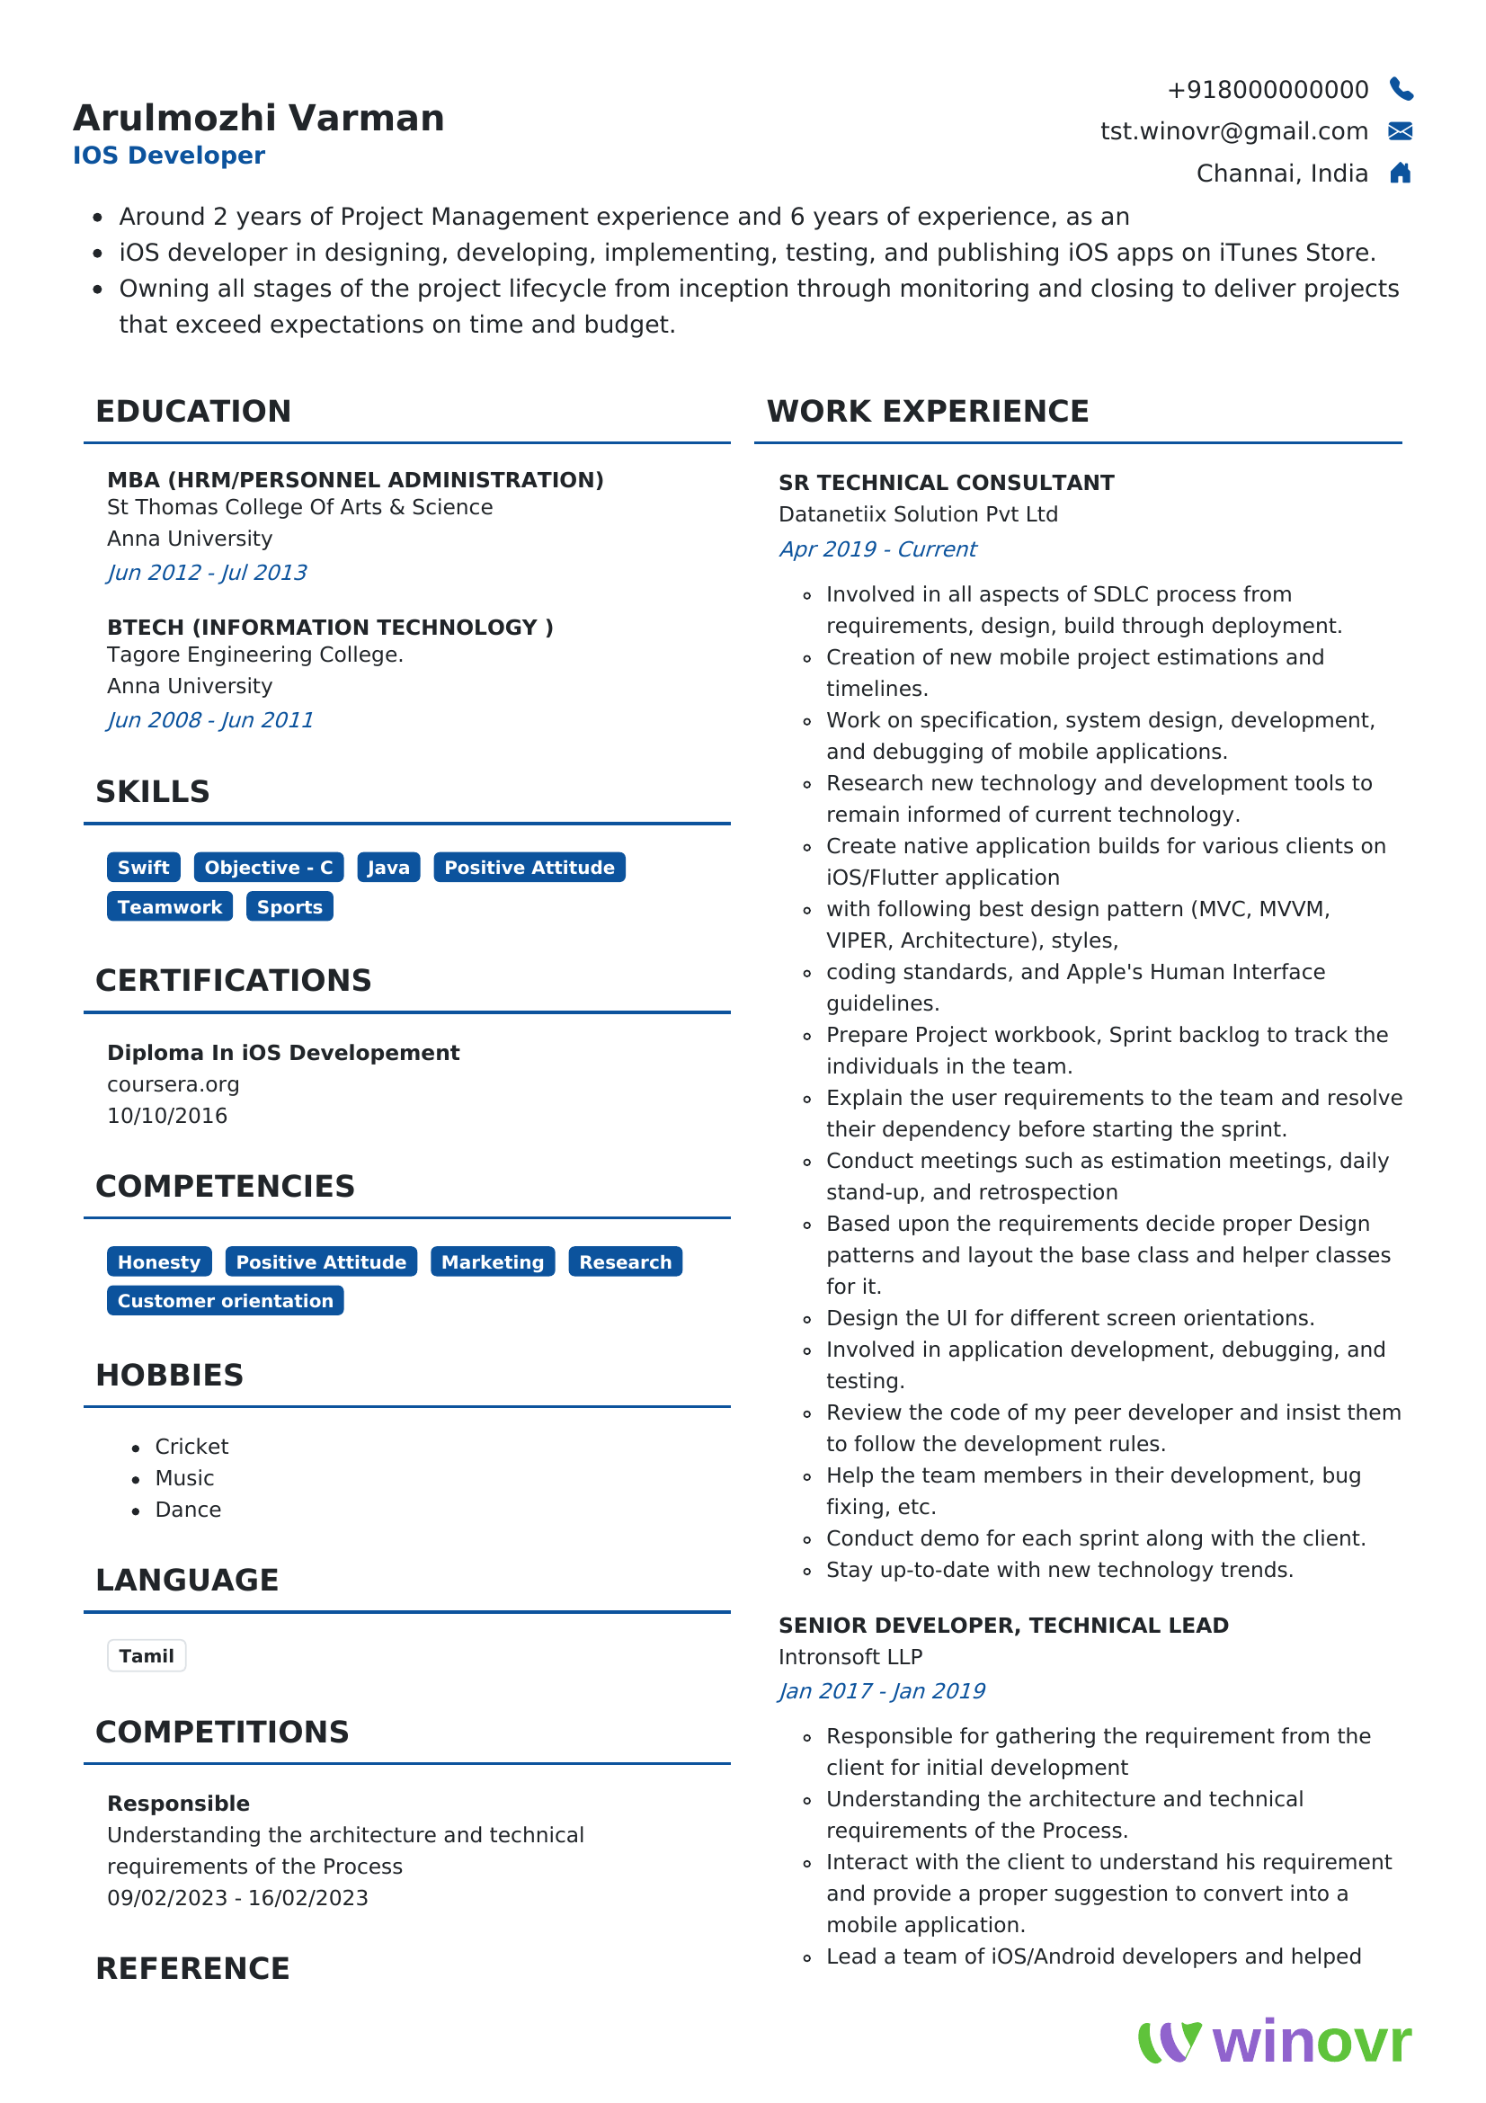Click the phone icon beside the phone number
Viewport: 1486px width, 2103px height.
pos(1401,89)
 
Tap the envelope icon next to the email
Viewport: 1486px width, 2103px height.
pos(1400,131)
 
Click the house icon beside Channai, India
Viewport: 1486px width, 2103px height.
pos(1400,174)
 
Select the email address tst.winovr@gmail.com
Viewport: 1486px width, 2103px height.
pos(1233,131)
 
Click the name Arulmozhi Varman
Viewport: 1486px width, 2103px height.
pos(258,118)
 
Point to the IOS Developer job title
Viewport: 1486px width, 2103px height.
pos(168,156)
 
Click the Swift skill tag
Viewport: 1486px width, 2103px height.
pos(143,868)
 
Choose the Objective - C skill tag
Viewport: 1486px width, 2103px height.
pos(268,868)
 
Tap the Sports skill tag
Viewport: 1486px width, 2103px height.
pos(289,907)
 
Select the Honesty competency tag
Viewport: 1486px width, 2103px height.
pos(158,1262)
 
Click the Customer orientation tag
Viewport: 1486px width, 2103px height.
pos(226,1301)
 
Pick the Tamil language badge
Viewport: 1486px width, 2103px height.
pos(147,1656)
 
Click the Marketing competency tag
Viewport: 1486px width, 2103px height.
pos(493,1262)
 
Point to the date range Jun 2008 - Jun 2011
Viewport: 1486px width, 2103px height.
pos(209,720)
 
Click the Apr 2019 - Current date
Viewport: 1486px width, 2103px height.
pos(877,549)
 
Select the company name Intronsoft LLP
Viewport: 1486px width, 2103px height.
pos(850,1657)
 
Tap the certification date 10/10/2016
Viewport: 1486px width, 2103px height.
pos(166,1116)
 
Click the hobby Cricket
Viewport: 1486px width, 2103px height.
pos(191,1447)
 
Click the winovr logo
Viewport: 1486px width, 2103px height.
pos(1275,2042)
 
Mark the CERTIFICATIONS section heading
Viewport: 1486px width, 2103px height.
pos(234,980)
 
